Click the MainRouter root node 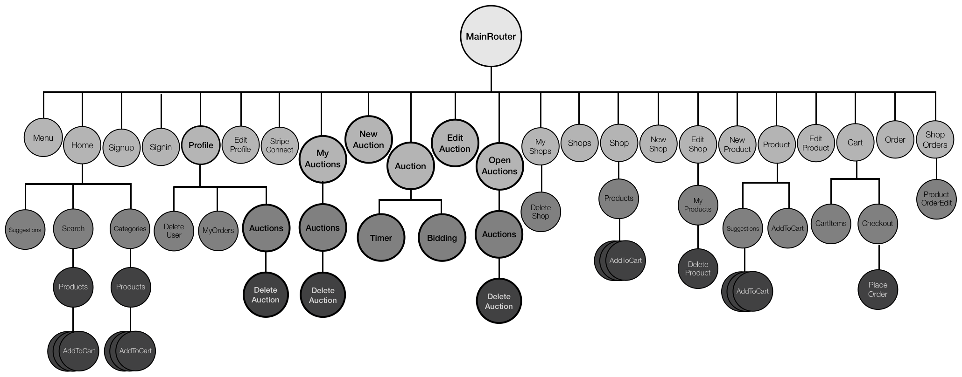point(491,36)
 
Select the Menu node point(43,137)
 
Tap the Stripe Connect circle point(280,145)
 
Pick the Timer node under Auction point(381,238)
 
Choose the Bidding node point(442,238)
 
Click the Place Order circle point(878,289)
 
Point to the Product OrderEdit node point(936,199)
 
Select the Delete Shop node point(541,212)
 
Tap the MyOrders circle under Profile point(218,231)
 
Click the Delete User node point(174,231)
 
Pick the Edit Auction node point(455,143)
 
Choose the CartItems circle point(831,223)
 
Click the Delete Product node point(697,268)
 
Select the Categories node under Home point(130,229)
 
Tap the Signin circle point(161,147)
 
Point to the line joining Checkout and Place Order point(879,256)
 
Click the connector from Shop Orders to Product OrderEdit point(936,169)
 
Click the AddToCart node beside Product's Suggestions point(787,228)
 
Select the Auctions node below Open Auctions point(499,234)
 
